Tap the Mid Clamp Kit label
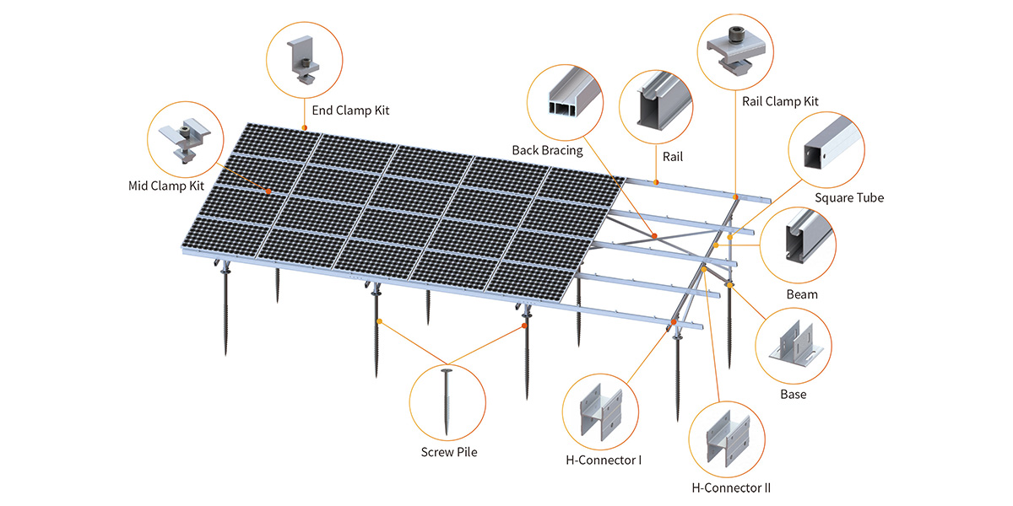point(166,186)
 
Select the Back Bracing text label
point(547,150)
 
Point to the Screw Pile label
point(449,452)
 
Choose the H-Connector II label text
point(731,487)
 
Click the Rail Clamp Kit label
point(781,101)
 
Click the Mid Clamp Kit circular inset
point(186,137)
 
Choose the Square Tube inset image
point(826,148)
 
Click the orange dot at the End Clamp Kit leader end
point(305,127)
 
